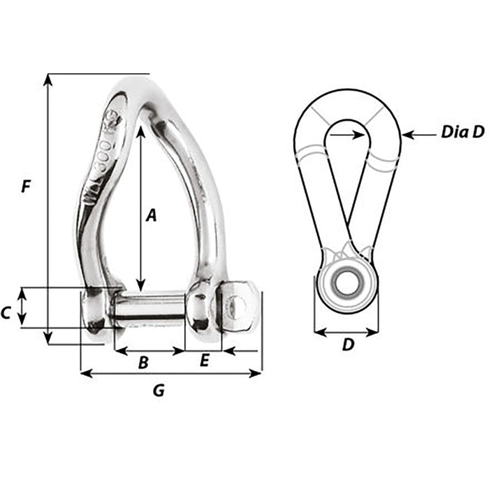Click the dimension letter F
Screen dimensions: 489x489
[26, 187]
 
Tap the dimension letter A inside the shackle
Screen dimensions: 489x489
[149, 216]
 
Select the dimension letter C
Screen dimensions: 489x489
[6, 314]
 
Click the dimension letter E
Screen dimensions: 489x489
[204, 360]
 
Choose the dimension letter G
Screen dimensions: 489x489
[159, 391]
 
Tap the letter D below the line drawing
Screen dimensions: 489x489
[347, 345]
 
